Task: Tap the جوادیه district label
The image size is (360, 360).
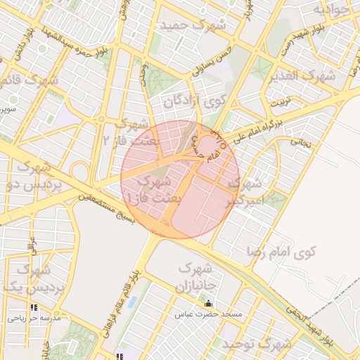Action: click(330, 10)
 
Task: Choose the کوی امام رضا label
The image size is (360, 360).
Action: click(282, 250)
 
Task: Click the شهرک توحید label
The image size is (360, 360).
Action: click(257, 344)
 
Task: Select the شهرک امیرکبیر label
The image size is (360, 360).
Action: click(243, 191)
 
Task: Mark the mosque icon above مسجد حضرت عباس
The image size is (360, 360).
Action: click(207, 304)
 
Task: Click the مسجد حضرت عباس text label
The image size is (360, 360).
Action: click(208, 314)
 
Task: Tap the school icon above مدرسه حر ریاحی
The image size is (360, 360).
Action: click(34, 307)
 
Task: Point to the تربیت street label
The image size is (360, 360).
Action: click(281, 101)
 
